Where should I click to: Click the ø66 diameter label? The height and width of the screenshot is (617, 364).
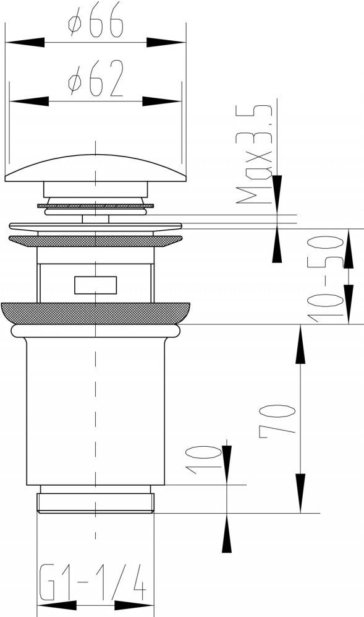coord(96,24)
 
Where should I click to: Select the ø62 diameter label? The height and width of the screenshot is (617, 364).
coord(96,79)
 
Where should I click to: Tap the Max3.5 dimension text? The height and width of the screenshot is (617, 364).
coord(254,154)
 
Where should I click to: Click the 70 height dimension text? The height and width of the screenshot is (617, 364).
coord(277,419)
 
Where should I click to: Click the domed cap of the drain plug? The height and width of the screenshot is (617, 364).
coord(96,168)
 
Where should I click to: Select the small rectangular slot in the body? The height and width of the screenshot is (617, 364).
coord(96,285)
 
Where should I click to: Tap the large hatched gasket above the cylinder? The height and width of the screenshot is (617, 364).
coord(96,314)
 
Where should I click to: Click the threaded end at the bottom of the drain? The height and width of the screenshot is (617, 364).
coord(96,503)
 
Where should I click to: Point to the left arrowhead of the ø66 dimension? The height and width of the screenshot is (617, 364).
coord(25,43)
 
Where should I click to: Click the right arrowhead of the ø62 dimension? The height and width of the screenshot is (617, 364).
coord(162,101)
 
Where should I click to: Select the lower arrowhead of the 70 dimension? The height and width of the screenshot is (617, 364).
coord(300,493)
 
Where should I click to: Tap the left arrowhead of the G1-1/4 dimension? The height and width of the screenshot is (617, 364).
coord(57,605)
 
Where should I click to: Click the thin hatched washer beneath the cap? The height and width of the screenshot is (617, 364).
coord(96,206)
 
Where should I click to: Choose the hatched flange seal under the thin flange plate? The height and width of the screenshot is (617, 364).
coord(96,241)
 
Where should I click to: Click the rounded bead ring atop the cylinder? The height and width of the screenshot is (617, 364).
coord(96,331)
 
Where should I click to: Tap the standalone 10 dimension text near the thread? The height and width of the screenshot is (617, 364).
coord(203,460)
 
